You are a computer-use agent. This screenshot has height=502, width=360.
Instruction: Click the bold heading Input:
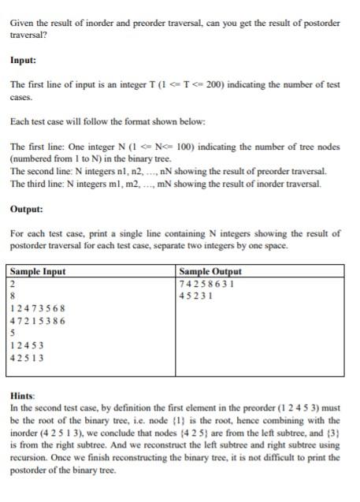tap(24, 60)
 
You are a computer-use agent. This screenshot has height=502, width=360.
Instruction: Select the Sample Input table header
tap(38, 272)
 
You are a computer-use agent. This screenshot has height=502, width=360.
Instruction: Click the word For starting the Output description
tap(17, 233)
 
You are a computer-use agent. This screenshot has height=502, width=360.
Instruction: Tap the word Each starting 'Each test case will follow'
tap(20, 122)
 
